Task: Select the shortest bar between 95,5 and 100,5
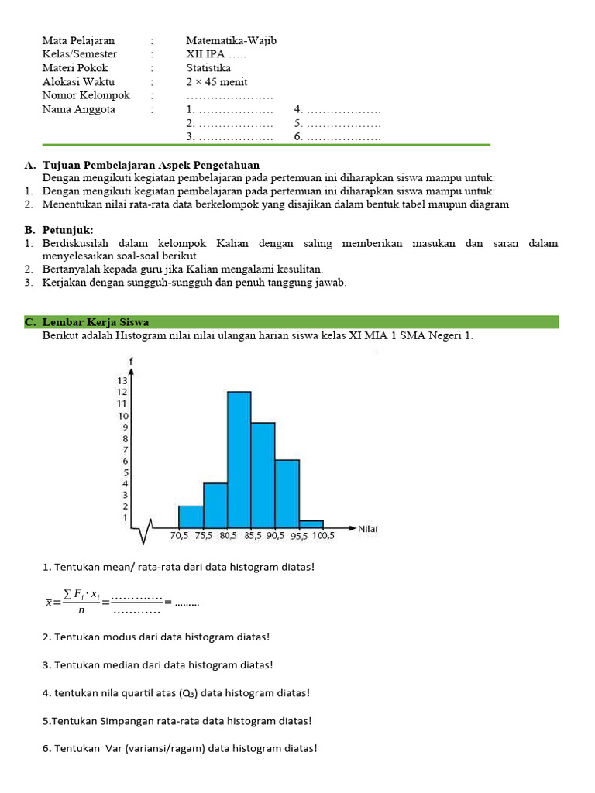click(311, 524)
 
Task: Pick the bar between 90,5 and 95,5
click(287, 493)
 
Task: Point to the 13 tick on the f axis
click(122, 380)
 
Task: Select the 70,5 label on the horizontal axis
click(181, 534)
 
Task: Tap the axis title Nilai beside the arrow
click(367, 529)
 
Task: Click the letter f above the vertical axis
click(131, 362)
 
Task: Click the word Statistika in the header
click(208, 68)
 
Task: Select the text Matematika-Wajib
click(231, 40)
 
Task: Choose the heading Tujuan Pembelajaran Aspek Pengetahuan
click(151, 165)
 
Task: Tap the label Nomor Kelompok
click(86, 96)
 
